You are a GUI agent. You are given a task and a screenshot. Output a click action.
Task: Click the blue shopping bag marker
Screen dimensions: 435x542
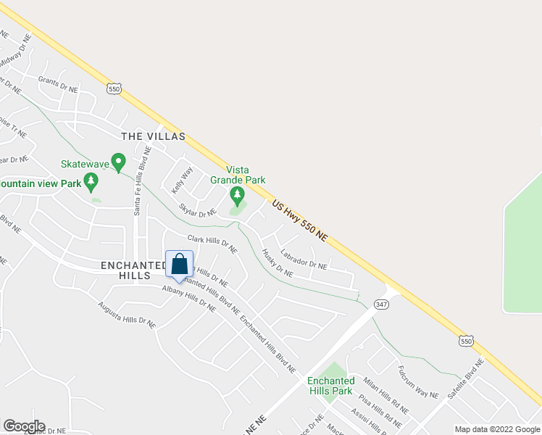coord(179,265)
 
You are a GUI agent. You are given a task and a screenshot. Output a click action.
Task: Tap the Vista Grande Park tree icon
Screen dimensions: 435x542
coord(236,194)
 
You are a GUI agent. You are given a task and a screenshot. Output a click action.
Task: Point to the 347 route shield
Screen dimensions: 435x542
coord(382,305)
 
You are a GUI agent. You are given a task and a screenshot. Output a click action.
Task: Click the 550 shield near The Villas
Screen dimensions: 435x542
coord(113,88)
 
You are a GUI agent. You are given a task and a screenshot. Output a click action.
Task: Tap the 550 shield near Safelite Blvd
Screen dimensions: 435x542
coord(467,340)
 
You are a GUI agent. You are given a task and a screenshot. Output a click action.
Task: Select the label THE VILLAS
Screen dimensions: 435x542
coord(153,136)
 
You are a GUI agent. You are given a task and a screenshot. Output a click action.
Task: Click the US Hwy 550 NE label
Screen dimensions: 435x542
coord(300,222)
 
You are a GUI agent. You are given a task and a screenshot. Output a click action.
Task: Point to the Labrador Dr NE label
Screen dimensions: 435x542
coord(304,260)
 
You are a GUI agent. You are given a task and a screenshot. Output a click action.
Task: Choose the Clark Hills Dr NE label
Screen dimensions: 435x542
coord(212,244)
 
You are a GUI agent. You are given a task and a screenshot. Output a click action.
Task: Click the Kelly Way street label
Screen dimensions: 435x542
coord(183,179)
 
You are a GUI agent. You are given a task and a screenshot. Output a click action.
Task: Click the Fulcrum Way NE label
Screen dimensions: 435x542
coord(419,382)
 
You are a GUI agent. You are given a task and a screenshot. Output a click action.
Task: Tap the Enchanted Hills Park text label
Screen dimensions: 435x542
coord(330,386)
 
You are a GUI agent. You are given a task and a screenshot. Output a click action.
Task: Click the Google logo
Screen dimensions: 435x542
coord(23,426)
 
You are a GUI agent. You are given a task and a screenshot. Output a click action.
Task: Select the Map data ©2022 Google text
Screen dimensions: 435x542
coord(496,428)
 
